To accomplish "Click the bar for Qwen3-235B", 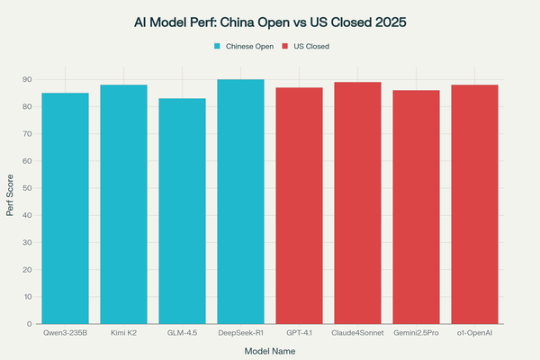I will tap(66, 209).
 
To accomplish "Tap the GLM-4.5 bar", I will tap(183, 211).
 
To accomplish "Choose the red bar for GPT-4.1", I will tap(300, 206).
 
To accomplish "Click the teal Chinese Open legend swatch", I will tap(217, 45).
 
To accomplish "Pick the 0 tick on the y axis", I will tap(30, 324).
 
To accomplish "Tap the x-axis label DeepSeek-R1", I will tap(241, 333).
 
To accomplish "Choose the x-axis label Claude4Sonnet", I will tap(358, 333).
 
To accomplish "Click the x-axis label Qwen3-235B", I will tap(66, 333).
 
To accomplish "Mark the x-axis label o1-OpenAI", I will tap(475, 333).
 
